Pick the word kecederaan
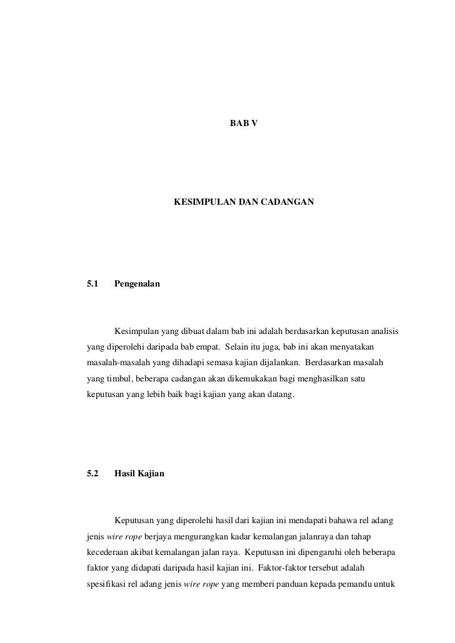(x=107, y=552)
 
